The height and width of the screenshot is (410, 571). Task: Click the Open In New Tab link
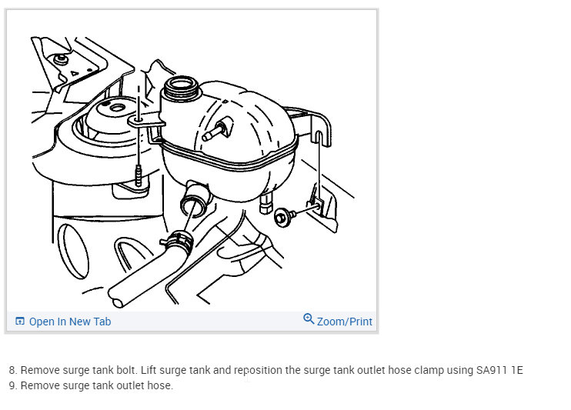tap(70, 322)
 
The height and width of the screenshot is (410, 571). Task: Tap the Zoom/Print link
tap(345, 322)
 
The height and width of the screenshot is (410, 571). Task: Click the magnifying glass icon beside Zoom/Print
tap(309, 318)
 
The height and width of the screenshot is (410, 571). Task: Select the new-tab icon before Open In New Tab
tap(20, 322)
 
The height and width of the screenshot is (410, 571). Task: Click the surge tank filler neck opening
tap(181, 85)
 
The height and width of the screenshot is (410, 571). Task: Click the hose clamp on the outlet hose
tap(177, 241)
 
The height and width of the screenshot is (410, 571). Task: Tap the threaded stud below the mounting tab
tap(138, 175)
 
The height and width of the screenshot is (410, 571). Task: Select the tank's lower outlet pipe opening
tap(192, 205)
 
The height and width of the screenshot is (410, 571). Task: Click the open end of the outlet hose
tap(117, 302)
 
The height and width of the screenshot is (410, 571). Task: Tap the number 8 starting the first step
tap(12, 370)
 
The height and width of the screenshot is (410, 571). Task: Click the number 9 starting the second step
tap(12, 385)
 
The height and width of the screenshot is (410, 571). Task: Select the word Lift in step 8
tap(149, 370)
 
